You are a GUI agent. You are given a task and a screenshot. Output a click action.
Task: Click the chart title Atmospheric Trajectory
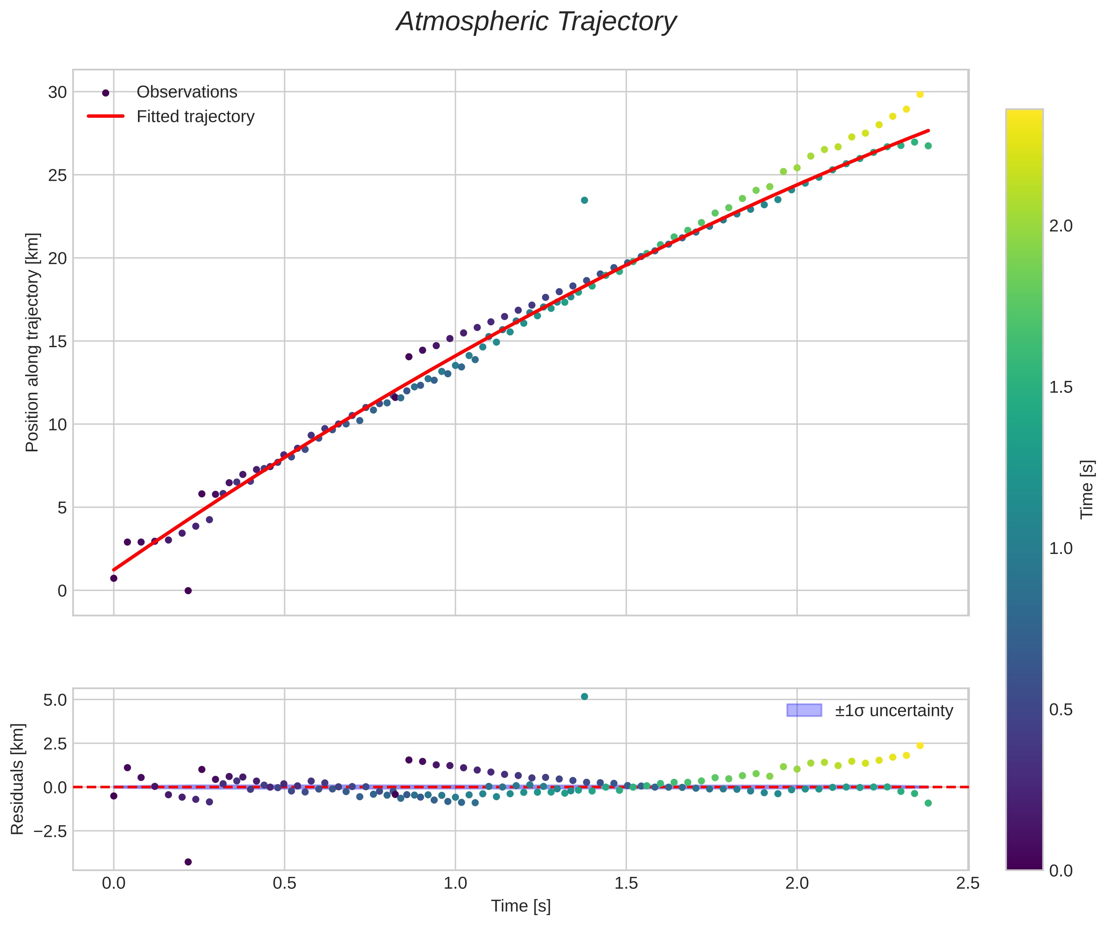click(536, 22)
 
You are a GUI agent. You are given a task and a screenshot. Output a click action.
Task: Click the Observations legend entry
click(187, 92)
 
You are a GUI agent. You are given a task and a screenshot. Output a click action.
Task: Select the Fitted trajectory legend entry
click(195, 117)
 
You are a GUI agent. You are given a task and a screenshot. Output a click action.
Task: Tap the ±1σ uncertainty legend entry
click(893, 711)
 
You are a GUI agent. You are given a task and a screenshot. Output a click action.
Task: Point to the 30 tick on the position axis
click(57, 93)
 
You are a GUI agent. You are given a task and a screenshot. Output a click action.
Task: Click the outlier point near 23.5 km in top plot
click(584, 200)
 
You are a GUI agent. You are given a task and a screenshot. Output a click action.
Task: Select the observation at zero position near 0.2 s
click(188, 591)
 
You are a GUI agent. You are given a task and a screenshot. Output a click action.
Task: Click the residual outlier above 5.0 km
click(584, 696)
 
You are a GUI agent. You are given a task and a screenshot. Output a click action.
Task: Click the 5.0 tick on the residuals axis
click(55, 700)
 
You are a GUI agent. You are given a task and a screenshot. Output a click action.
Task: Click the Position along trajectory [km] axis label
click(32, 342)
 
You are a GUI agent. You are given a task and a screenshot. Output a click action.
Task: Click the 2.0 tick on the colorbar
click(1061, 226)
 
